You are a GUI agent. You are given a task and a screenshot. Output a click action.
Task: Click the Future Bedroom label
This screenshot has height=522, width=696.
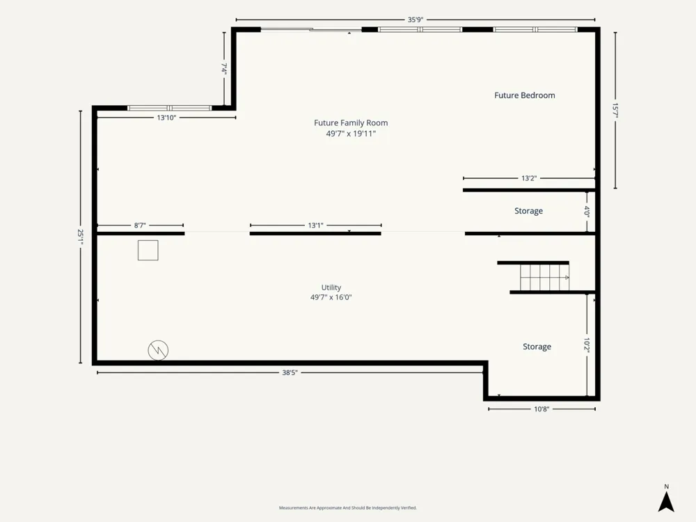pyautogui.click(x=525, y=95)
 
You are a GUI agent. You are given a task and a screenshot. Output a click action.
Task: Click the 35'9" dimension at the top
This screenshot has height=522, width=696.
pyautogui.click(x=416, y=19)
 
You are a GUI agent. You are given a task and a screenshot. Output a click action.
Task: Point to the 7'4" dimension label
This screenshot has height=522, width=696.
pyautogui.click(x=225, y=68)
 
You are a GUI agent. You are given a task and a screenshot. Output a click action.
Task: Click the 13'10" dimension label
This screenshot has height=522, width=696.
pyautogui.click(x=166, y=118)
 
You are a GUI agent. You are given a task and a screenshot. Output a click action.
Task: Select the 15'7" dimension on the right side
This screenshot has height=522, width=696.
pyautogui.click(x=615, y=110)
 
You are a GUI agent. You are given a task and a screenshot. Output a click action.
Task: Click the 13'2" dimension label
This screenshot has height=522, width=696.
pyautogui.click(x=529, y=178)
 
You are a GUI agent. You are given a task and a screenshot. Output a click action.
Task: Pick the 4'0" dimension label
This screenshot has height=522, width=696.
pyautogui.click(x=587, y=211)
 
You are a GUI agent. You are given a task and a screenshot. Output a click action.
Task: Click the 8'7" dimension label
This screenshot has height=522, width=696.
pyautogui.click(x=140, y=226)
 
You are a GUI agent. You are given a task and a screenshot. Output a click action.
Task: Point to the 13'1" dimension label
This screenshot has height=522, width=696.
pyautogui.click(x=315, y=226)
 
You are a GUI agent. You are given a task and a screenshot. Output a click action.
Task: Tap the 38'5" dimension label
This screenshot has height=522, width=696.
pyautogui.click(x=290, y=373)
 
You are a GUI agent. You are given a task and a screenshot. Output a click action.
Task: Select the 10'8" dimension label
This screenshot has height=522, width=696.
pyautogui.click(x=541, y=409)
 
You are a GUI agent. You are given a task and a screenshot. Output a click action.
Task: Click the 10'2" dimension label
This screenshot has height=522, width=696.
pyautogui.click(x=587, y=346)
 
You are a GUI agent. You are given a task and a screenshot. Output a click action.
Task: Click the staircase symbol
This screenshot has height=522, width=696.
pyautogui.click(x=545, y=278)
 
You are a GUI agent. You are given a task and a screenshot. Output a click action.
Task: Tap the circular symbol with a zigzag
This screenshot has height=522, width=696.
pyautogui.click(x=158, y=350)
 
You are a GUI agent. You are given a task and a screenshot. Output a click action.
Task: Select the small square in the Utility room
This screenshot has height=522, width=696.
pyautogui.click(x=148, y=251)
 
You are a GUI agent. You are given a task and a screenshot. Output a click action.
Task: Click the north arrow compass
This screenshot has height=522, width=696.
pyautogui.click(x=666, y=498)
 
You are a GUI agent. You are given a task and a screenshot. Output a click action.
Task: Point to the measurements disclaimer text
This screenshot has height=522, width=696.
pyautogui.click(x=347, y=508)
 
